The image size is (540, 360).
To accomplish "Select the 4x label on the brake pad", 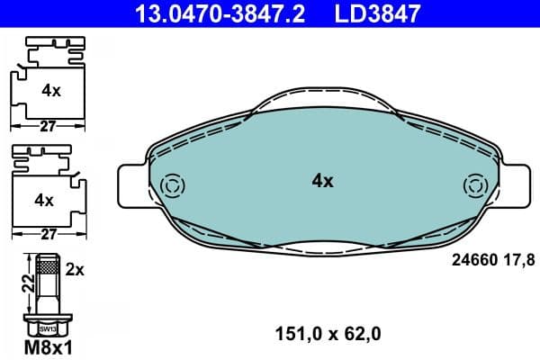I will [322, 181].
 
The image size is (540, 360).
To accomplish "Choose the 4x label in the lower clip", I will [42, 197].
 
